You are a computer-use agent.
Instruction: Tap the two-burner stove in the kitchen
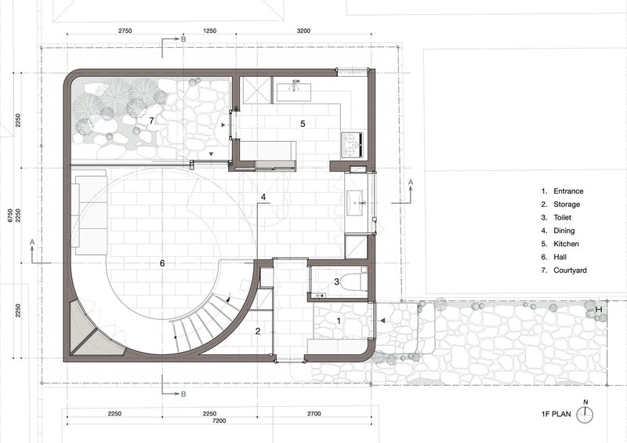352,144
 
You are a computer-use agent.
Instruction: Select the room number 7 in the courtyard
151,120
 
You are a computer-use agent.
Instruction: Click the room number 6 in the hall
162,263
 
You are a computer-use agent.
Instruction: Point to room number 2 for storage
258,331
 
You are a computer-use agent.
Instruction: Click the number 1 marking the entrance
339,321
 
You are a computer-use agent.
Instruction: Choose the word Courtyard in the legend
570,271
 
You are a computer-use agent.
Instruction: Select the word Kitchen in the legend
566,244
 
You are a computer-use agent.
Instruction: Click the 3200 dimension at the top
304,31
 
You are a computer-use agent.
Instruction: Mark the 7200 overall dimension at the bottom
219,420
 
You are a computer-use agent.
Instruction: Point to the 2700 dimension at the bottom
314,414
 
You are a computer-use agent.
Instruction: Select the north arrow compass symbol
585,413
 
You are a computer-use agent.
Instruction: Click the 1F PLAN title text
556,414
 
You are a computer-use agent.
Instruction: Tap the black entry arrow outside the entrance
382,321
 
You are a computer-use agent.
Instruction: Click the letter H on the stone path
599,310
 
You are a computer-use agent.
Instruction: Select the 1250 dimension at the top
210,31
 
